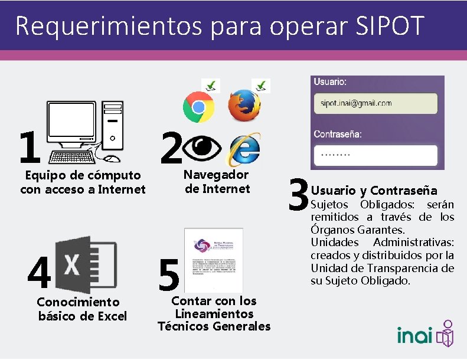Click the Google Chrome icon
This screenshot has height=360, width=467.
tap(198, 106)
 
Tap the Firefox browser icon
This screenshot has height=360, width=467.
tap(243, 106)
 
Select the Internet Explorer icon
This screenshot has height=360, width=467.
tap(245, 149)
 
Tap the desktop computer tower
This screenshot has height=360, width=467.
tap(112, 125)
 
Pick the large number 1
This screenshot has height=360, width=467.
tap(28, 148)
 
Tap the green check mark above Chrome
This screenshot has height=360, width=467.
tap(210, 86)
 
